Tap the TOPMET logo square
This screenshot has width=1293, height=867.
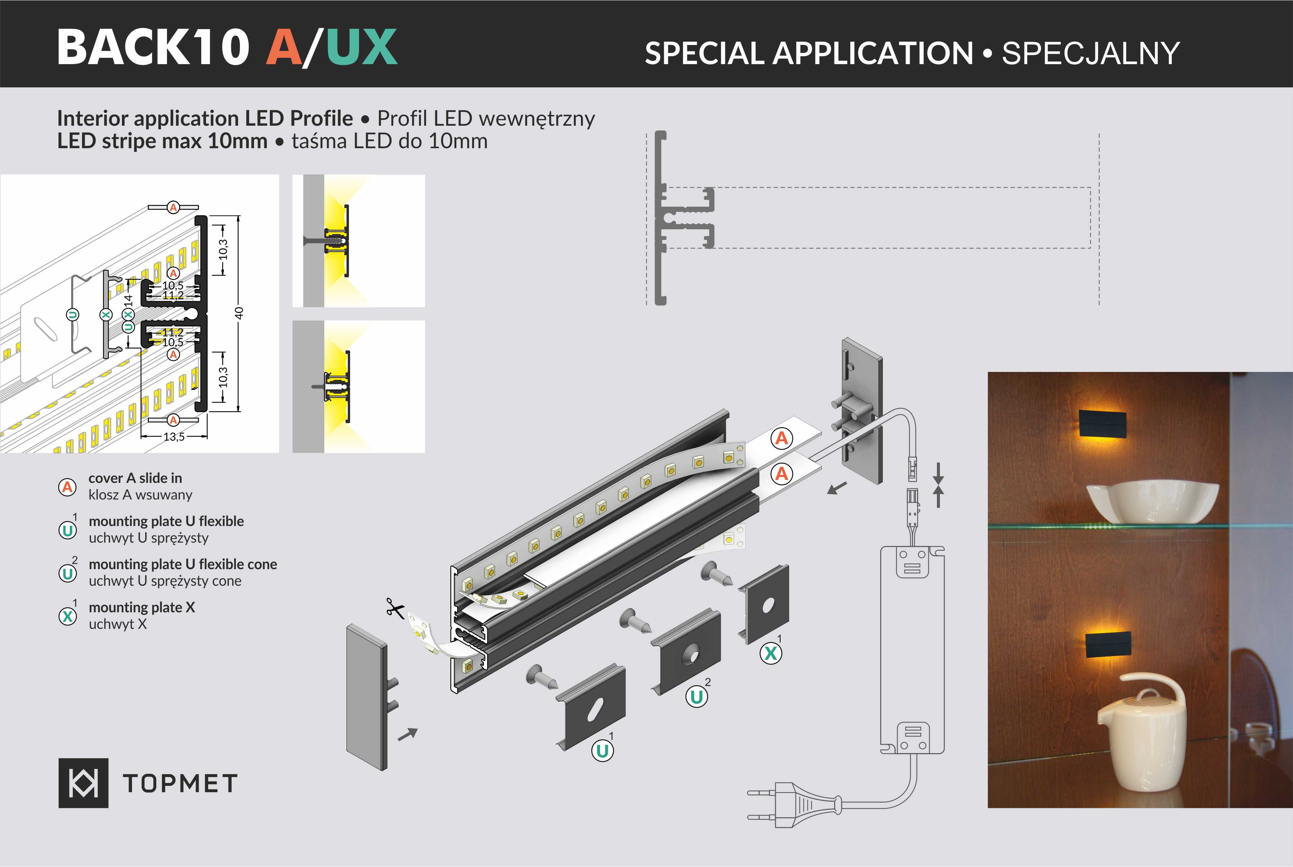pyautogui.click(x=83, y=783)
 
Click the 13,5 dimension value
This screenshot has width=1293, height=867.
pyautogui.click(x=174, y=437)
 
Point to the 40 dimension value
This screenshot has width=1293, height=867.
pyautogui.click(x=239, y=313)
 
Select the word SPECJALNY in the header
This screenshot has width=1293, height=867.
pyautogui.click(x=1090, y=54)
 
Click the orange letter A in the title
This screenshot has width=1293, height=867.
pyautogui.click(x=283, y=48)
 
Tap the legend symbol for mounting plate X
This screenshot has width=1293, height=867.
pyautogui.click(x=67, y=616)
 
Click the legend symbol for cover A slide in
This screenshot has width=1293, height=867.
pyautogui.click(x=67, y=487)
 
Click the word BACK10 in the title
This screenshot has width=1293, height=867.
pyautogui.click(x=153, y=48)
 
